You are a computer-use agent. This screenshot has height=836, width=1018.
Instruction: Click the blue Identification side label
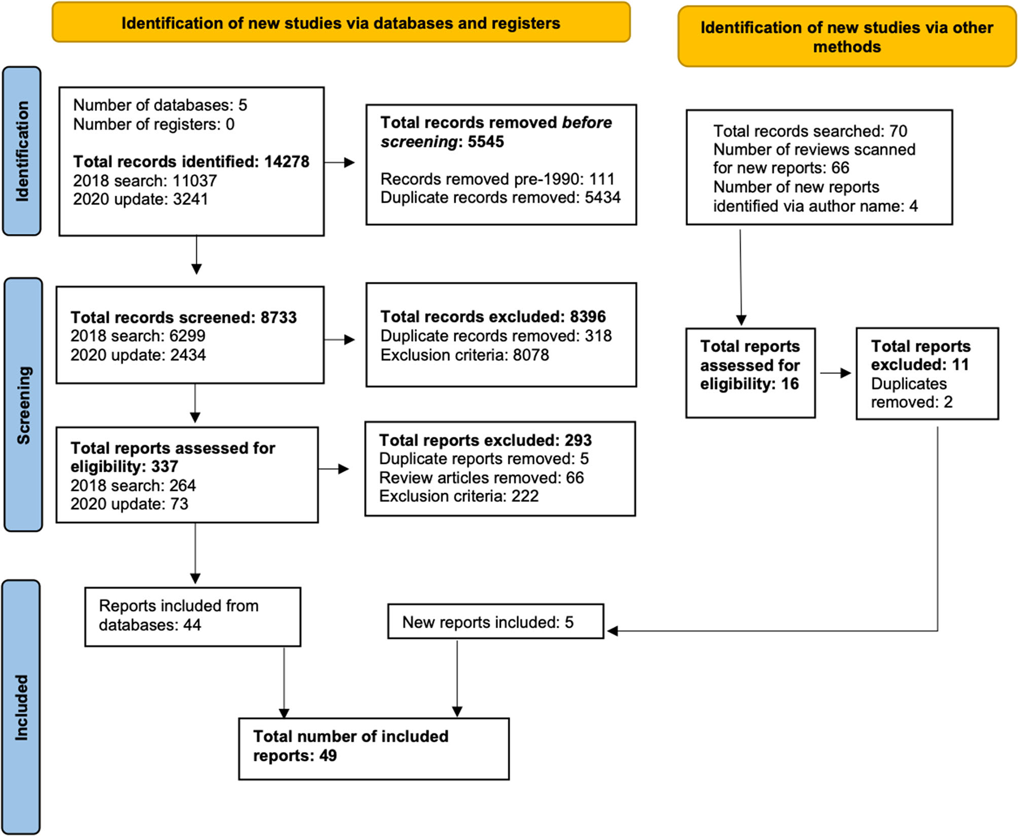(x=22, y=151)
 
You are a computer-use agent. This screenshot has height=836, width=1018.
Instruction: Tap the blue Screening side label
(x=23, y=405)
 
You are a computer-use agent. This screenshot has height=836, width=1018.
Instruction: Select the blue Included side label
(x=21, y=707)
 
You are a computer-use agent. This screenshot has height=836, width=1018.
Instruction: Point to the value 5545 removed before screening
(x=485, y=142)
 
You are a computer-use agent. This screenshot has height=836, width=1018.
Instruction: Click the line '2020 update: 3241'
(x=140, y=199)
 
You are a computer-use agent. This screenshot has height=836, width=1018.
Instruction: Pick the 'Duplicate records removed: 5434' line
(x=500, y=198)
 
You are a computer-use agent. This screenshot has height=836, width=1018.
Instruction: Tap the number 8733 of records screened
(x=278, y=318)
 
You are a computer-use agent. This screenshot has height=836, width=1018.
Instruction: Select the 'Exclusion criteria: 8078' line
(x=464, y=355)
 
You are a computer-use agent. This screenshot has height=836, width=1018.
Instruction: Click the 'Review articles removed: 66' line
(x=481, y=478)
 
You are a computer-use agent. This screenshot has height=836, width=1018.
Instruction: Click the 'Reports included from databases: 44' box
(x=192, y=616)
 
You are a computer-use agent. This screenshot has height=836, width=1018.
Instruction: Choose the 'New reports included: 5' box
(x=495, y=621)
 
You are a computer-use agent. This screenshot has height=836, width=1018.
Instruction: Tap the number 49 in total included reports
(x=327, y=756)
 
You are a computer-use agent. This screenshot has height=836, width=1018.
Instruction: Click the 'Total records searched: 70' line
(x=810, y=131)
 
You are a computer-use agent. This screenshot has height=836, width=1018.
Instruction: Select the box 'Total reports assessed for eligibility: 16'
(x=750, y=373)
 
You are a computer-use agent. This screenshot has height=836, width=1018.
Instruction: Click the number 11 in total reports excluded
(x=960, y=365)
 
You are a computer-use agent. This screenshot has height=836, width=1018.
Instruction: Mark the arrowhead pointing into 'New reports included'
(x=612, y=631)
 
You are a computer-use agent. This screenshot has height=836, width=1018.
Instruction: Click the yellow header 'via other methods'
(x=846, y=37)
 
